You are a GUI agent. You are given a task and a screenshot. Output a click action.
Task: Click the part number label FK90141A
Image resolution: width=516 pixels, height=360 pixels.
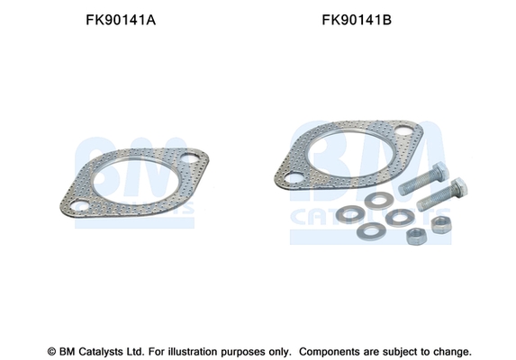point(121,20)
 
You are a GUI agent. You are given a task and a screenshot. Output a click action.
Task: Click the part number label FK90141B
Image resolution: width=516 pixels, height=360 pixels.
point(357,20)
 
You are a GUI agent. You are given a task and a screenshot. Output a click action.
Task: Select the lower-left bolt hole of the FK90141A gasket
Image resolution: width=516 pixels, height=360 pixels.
point(79,206)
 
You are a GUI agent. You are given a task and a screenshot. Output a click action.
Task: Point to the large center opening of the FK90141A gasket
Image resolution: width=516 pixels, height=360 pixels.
point(136,183)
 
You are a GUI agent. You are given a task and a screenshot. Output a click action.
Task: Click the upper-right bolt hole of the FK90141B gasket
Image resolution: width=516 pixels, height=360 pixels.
point(403,130)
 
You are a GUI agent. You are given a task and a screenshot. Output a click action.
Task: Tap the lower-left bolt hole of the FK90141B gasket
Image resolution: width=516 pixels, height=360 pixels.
point(294,179)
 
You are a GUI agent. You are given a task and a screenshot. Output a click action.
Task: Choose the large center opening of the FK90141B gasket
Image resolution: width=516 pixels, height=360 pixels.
point(349,154)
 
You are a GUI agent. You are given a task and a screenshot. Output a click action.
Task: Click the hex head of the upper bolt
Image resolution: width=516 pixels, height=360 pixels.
point(440,171)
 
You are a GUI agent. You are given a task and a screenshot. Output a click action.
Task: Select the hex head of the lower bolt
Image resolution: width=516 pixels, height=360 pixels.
point(458,187)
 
